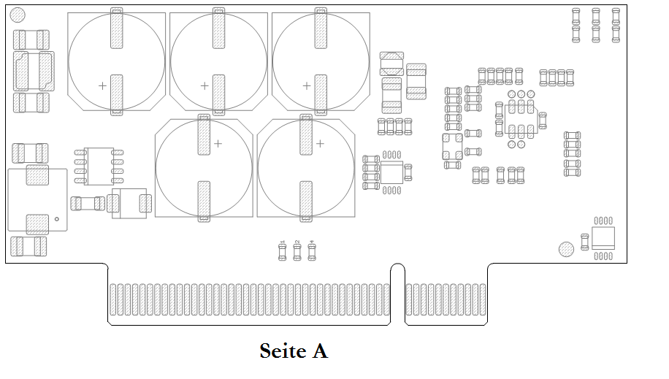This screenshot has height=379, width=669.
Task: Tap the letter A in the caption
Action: coord(321,351)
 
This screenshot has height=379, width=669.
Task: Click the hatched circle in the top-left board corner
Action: coord(19,15)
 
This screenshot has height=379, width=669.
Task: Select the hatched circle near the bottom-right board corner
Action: coord(566,250)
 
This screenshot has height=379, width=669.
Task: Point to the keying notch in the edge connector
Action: coord(398,292)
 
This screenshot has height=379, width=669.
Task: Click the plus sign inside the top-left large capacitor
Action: coord(102,85)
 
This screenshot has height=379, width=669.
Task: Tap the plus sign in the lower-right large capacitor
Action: coord(320,144)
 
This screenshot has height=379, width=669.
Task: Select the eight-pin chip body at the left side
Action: coord(99,166)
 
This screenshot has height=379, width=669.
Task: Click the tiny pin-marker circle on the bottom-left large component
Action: coord(57,218)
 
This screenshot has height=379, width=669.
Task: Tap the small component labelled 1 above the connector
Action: coord(283,251)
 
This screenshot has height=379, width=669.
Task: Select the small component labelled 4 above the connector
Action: coord(313,251)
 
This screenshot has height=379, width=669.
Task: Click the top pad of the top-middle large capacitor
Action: coord(218,28)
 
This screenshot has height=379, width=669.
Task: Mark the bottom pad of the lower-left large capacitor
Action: coord(204,201)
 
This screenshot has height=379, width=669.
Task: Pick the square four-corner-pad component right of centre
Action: coord(452,146)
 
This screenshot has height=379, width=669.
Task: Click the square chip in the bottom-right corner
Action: coord(603,237)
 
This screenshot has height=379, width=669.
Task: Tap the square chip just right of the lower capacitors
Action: coord(392,172)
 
